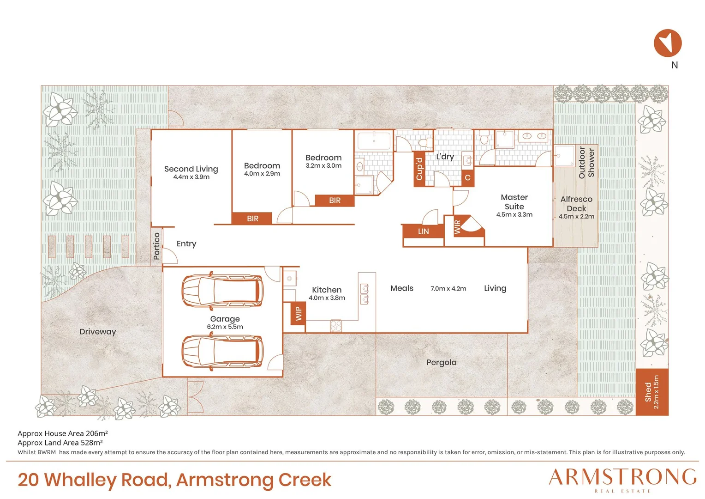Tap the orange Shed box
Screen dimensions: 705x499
(x=652, y=392)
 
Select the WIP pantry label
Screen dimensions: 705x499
(x=299, y=313)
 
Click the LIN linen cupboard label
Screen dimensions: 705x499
(x=423, y=231)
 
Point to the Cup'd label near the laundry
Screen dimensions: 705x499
(x=419, y=169)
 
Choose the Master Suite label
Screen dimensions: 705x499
(x=514, y=202)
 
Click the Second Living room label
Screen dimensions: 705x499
(x=191, y=169)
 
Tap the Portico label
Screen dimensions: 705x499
(x=156, y=246)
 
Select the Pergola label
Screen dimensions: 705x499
(x=441, y=363)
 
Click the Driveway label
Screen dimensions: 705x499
(x=97, y=332)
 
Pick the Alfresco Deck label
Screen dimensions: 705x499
(x=576, y=204)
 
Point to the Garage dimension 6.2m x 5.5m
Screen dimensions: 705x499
(x=225, y=327)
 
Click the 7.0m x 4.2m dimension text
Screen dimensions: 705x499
(x=448, y=288)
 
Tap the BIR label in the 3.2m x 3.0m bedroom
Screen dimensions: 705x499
(x=335, y=201)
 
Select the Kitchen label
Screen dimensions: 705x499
(x=327, y=290)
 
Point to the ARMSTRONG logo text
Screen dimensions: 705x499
(x=622, y=477)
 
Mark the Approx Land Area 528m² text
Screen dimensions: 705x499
(x=60, y=443)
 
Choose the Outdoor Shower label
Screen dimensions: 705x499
(x=586, y=162)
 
